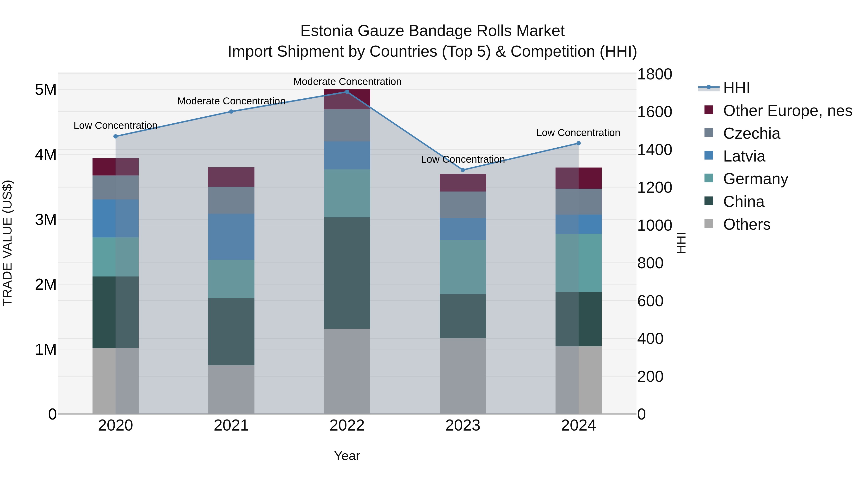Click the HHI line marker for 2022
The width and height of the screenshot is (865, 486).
pos(347,92)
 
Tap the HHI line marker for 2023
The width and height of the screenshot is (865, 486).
pos(463,170)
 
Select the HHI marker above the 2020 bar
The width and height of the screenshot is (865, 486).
pos(116,137)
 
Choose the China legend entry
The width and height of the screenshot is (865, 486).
pos(743,202)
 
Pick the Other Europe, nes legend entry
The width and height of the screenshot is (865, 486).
pos(787,111)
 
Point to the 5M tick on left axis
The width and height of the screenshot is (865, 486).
pos(46,90)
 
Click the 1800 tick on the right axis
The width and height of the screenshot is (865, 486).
pos(655,74)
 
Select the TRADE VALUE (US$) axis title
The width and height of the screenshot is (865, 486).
pos(7,243)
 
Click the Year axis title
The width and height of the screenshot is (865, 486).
pos(347,456)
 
